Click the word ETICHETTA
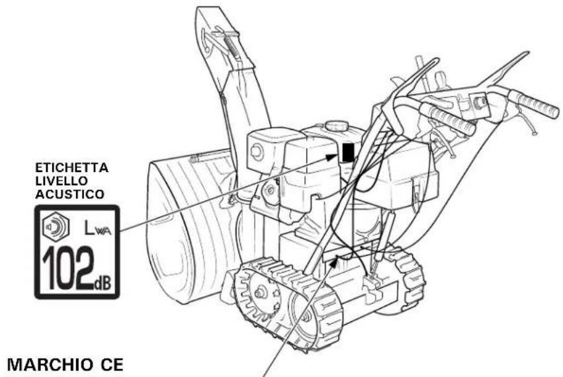(72, 168)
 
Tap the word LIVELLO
(62, 181)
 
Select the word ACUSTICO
(69, 194)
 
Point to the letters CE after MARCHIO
(111, 365)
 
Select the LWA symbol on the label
(97, 228)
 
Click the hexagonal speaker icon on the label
(56, 227)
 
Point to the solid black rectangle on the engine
(347, 153)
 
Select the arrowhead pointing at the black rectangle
(332, 156)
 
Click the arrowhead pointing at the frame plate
(335, 261)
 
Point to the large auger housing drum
(191, 230)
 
